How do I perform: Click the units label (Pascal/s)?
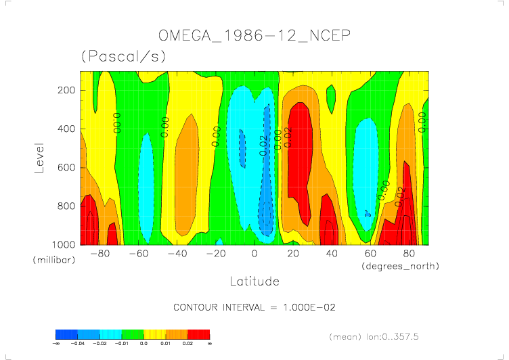click(x=123, y=57)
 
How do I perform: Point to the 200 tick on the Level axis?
click(x=65, y=90)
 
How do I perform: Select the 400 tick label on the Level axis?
click(x=65, y=129)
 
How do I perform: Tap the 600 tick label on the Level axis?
click(x=65, y=167)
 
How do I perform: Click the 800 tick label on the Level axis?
click(x=65, y=206)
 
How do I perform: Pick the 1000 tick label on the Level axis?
click(x=62, y=244)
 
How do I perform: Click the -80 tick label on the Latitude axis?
click(x=99, y=254)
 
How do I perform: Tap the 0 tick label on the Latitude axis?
click(x=254, y=254)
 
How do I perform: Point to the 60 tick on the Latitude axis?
click(x=370, y=254)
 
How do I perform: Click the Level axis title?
click(x=39, y=156)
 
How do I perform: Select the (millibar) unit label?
click(x=51, y=260)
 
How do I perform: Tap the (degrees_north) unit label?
click(x=400, y=267)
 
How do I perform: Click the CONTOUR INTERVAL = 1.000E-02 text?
click(x=255, y=307)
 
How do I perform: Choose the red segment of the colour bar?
click(x=198, y=334)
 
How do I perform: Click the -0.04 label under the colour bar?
click(x=78, y=344)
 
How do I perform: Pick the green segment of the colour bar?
click(x=133, y=334)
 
